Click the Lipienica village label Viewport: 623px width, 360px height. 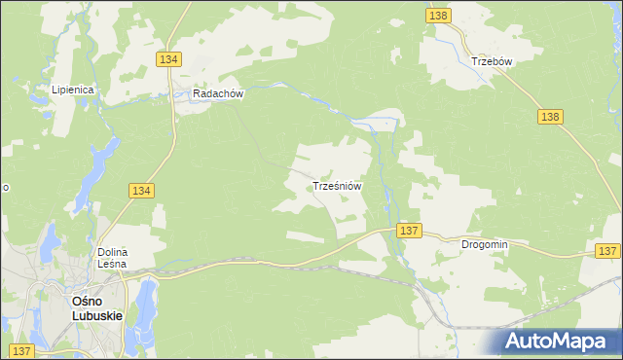point(73,90)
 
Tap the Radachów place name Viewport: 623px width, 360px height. point(217,94)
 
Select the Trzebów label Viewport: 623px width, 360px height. point(492,60)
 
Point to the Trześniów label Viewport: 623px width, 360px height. point(338,185)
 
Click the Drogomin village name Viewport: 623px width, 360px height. point(485,245)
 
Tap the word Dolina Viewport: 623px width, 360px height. point(113,253)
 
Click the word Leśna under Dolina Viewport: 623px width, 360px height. point(113,265)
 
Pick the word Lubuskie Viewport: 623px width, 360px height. point(97,315)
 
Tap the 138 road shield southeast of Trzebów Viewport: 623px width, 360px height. point(550,117)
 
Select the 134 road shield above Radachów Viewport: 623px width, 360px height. point(168,59)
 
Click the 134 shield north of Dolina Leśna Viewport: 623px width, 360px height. point(140,192)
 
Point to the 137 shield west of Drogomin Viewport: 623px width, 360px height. point(409,231)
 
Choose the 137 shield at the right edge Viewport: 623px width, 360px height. point(607,251)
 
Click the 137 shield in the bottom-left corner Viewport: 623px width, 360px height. point(20,350)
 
